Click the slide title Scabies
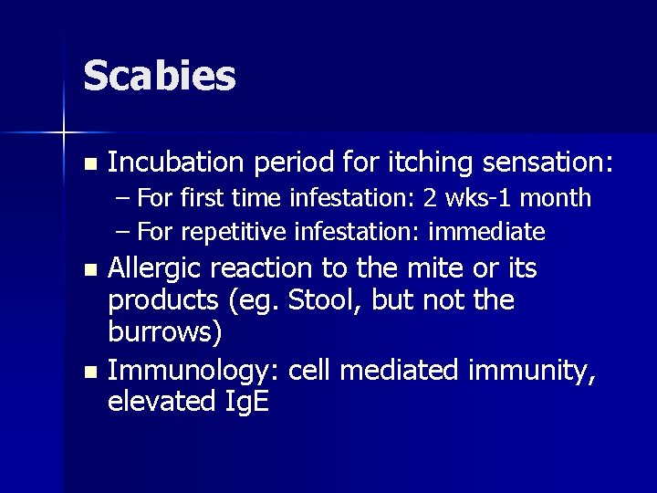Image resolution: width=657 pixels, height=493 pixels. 160,77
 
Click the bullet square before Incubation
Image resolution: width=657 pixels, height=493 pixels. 88,165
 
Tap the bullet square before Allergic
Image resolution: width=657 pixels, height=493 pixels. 88,271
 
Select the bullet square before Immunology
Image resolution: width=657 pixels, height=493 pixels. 88,373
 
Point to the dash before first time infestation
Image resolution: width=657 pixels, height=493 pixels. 123,198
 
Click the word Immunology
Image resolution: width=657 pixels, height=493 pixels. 193,372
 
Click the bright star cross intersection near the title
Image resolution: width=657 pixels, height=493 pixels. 64,133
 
